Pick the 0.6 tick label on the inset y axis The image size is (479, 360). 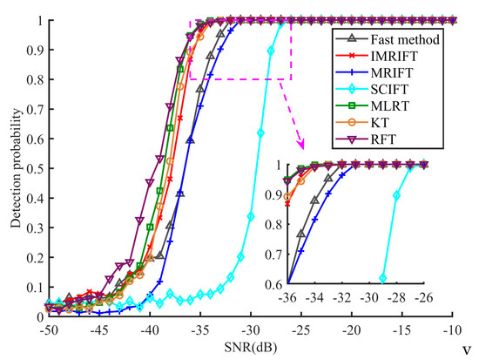(274, 283)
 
